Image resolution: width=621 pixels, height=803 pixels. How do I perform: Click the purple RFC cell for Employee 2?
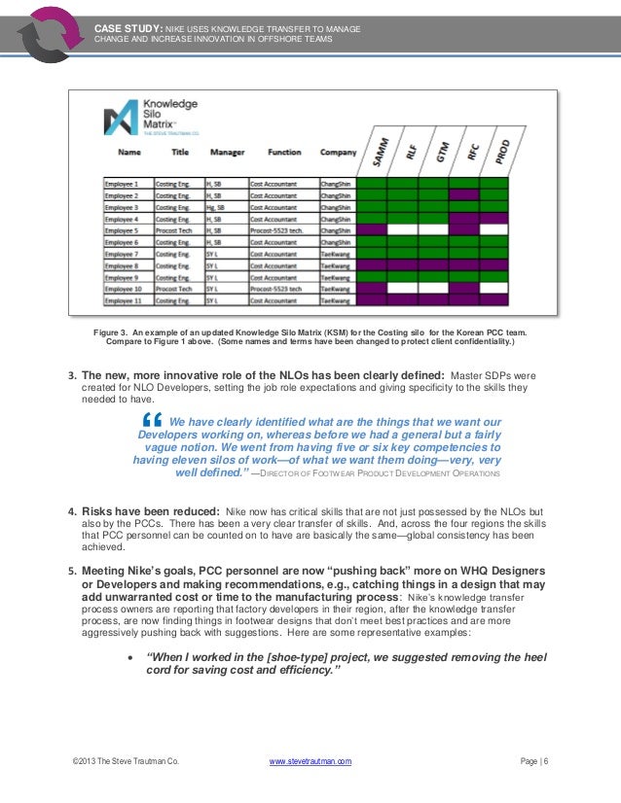463,194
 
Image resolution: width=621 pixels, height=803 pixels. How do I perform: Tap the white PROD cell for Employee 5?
493,229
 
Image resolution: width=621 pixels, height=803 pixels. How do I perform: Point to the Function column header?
284,153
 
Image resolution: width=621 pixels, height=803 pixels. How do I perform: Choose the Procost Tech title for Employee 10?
178,289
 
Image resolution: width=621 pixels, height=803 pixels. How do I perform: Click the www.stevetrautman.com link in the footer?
310,761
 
